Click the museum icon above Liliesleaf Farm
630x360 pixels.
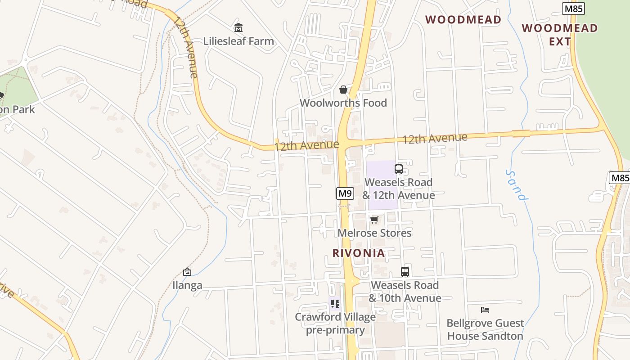click(x=238, y=28)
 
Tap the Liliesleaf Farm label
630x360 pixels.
click(x=238, y=41)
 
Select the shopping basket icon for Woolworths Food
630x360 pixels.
click(x=343, y=90)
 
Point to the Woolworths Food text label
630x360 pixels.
click(x=343, y=103)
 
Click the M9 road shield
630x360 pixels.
click(x=345, y=193)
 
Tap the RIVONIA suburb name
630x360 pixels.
click(x=359, y=253)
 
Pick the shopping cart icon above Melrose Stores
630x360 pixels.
click(x=374, y=220)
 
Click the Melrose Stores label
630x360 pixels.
click(x=374, y=233)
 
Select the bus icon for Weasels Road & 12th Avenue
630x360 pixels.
click(x=398, y=169)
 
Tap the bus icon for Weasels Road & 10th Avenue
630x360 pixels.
click(x=405, y=272)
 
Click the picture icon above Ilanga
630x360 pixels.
click(x=187, y=272)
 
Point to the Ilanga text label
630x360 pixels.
click(x=187, y=285)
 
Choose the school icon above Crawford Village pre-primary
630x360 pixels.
click(x=335, y=304)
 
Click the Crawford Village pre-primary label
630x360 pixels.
click(x=335, y=324)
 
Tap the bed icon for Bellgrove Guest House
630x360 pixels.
click(x=485, y=310)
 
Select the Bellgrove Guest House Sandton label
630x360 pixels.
click(x=485, y=329)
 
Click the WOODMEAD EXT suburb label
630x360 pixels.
click(x=560, y=35)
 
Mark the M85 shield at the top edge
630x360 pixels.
click(x=573, y=9)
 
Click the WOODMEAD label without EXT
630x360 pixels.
click(x=463, y=20)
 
